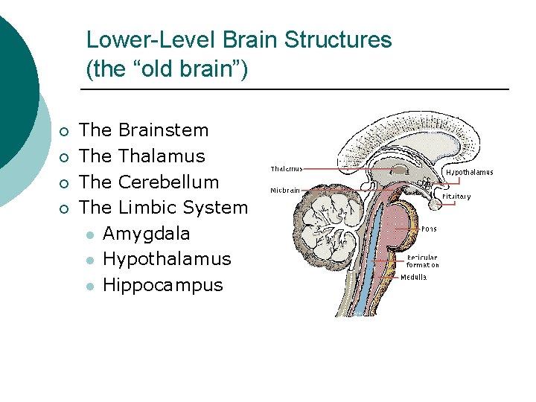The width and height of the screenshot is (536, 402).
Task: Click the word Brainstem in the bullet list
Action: pyautogui.click(x=163, y=130)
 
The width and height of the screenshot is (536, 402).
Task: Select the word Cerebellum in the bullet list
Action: pyautogui.click(x=168, y=182)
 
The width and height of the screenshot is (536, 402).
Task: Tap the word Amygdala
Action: pyautogui.click(x=146, y=234)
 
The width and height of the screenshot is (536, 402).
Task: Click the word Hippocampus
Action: pyautogui.click(x=162, y=285)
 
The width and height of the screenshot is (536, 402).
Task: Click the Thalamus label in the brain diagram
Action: pyautogui.click(x=286, y=168)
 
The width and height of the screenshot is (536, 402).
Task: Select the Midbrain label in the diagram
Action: pyautogui.click(x=284, y=190)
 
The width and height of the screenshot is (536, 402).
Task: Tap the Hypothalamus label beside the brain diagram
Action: pyautogui.click(x=469, y=173)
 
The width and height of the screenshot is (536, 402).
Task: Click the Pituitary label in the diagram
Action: pyautogui.click(x=456, y=197)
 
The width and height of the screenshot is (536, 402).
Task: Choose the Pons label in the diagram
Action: pyautogui.click(x=429, y=229)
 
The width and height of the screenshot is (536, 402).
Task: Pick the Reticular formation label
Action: pyautogui.click(x=423, y=261)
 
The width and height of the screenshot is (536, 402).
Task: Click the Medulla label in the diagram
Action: pyautogui.click(x=414, y=278)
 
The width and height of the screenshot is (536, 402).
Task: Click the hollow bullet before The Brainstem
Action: pyautogui.click(x=65, y=132)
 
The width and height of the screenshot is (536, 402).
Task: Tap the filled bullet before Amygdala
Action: pyautogui.click(x=89, y=235)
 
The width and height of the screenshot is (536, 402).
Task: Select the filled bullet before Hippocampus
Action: pyautogui.click(x=89, y=287)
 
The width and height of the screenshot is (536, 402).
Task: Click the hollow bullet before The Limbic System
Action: pyautogui.click(x=65, y=209)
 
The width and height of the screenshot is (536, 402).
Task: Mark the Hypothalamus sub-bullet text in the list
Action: pyautogui.click(x=167, y=259)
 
